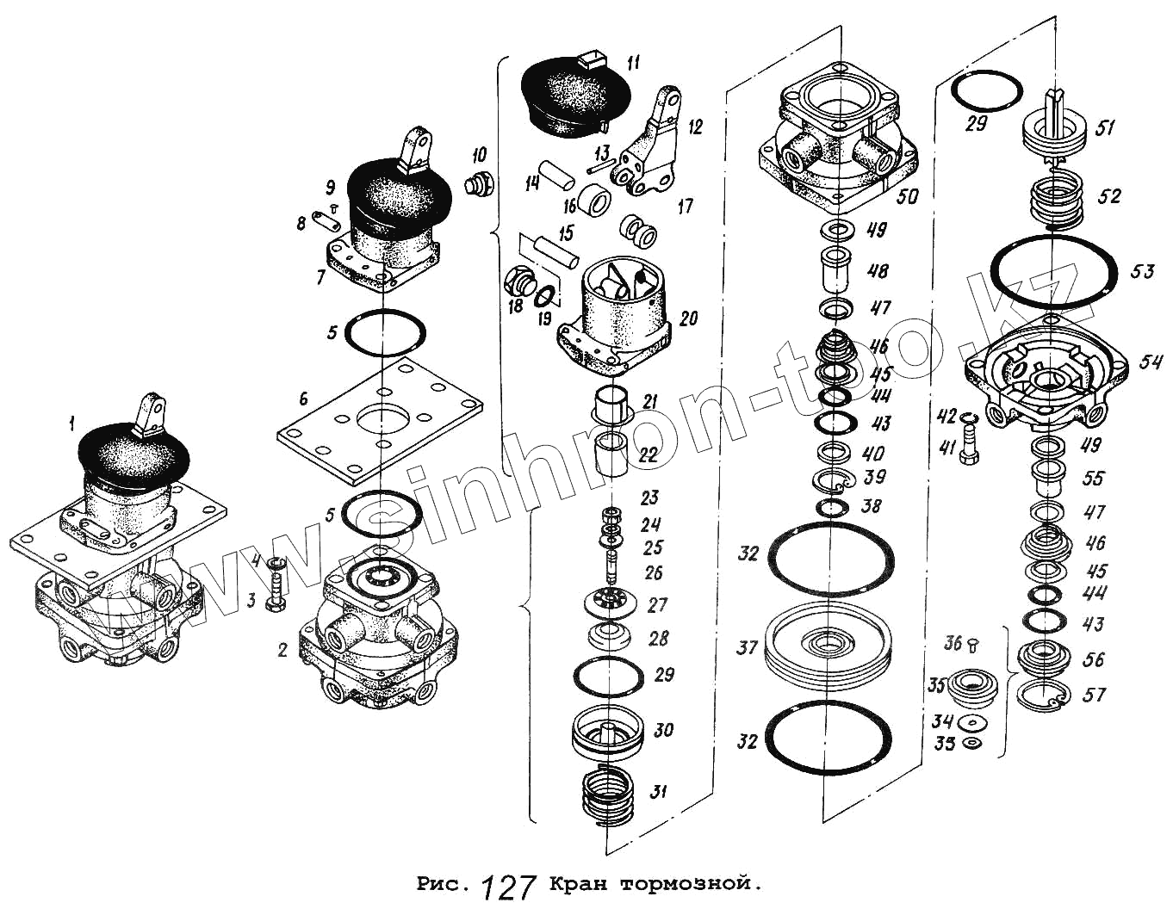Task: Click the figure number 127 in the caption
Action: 509,887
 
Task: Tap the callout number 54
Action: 1151,362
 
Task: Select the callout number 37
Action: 747,647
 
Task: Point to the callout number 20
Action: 689,318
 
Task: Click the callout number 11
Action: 634,63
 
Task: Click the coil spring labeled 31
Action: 608,798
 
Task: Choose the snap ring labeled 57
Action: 1043,695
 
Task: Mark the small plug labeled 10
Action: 476,184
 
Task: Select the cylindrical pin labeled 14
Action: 557,172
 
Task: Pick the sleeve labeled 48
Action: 835,269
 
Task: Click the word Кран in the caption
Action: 579,884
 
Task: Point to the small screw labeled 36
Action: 971,642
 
